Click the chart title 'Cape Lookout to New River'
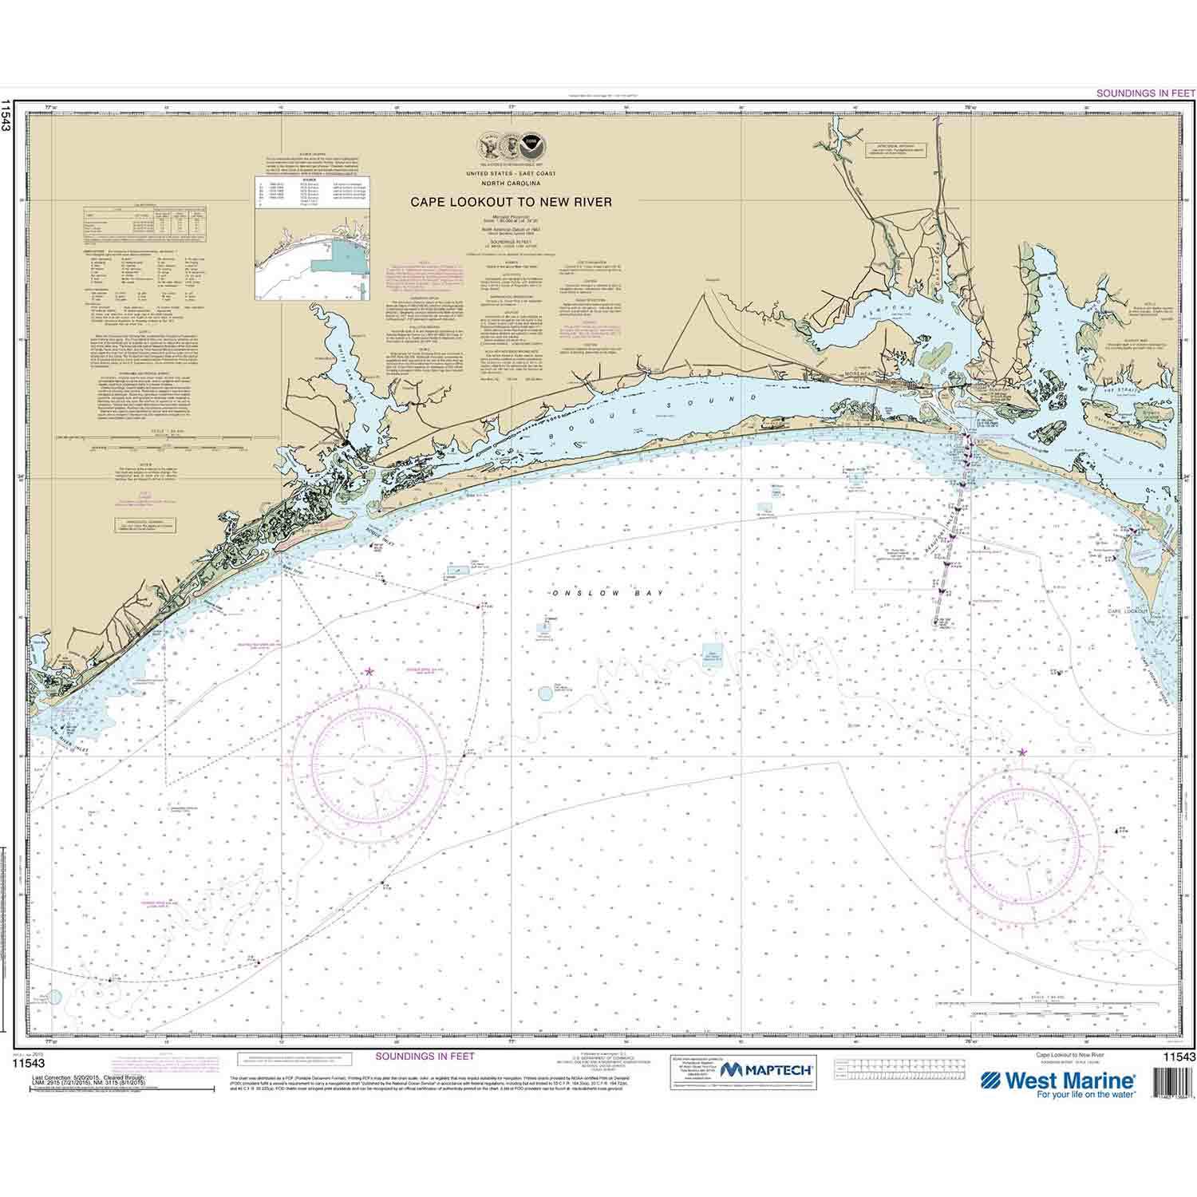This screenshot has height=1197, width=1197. [x=511, y=203]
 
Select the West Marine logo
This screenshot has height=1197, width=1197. [x=1058, y=1083]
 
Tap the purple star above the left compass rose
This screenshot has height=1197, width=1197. [x=369, y=672]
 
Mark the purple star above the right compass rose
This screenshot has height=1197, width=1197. [x=1023, y=752]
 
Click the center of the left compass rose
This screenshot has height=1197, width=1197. [x=369, y=756]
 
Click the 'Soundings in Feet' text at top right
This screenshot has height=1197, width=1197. [x=1141, y=93]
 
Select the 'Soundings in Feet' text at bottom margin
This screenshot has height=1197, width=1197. [x=425, y=1056]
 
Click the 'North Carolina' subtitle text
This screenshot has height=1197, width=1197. [x=511, y=181]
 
